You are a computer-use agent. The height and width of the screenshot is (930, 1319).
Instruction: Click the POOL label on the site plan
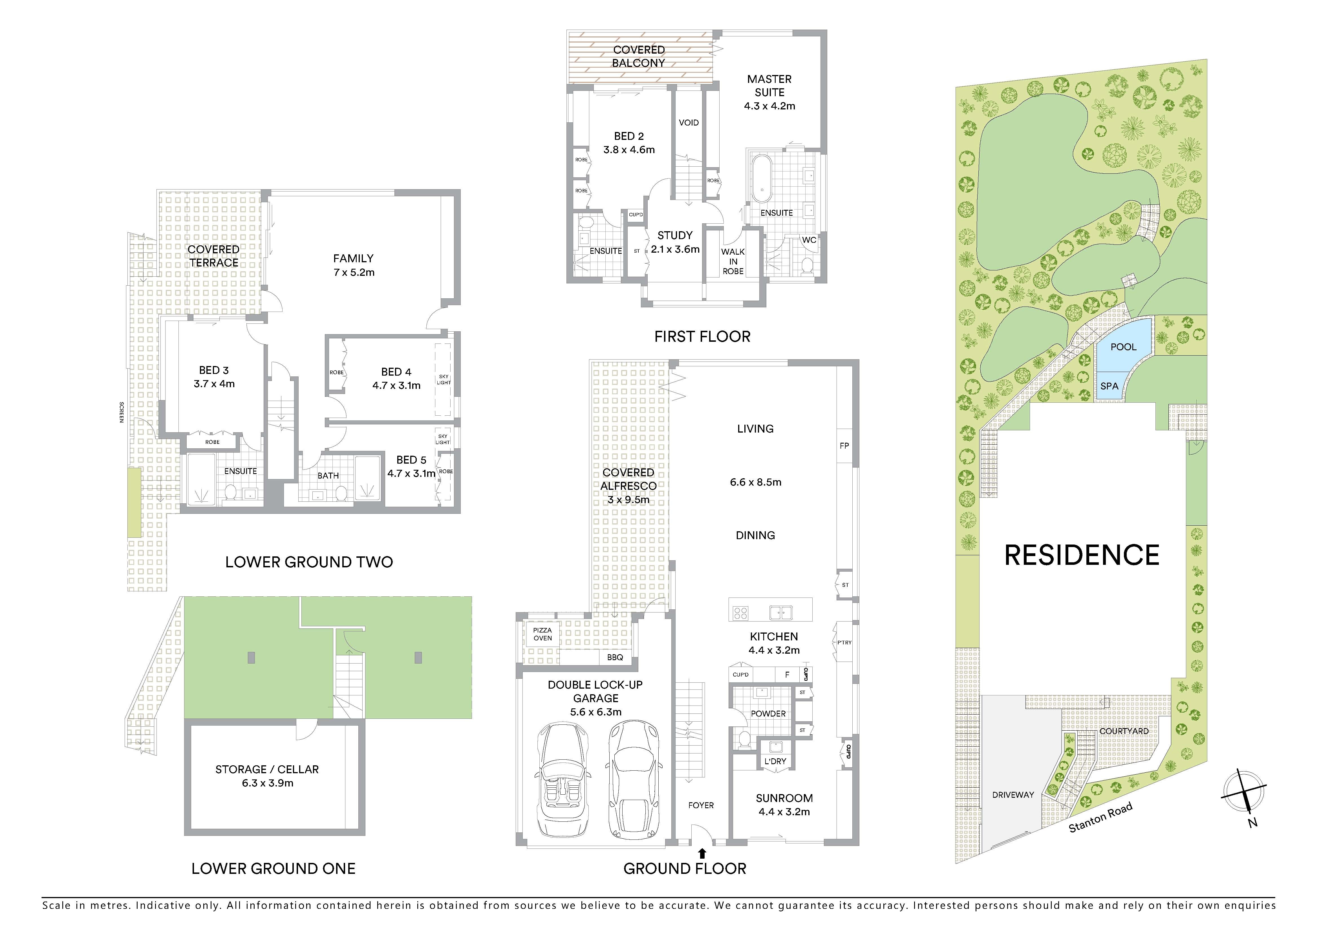click(x=1123, y=347)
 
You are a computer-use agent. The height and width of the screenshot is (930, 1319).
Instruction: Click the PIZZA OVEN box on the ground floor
click(x=542, y=634)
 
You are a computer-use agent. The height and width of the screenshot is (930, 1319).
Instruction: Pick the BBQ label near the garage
click(x=615, y=657)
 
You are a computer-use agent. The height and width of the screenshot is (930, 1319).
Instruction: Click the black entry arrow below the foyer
click(x=702, y=853)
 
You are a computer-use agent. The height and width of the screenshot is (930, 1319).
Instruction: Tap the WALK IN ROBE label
click(x=733, y=261)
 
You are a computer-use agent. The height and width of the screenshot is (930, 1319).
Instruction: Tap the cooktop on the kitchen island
click(x=740, y=613)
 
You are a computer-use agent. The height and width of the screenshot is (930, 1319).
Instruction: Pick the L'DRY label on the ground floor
click(x=775, y=761)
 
